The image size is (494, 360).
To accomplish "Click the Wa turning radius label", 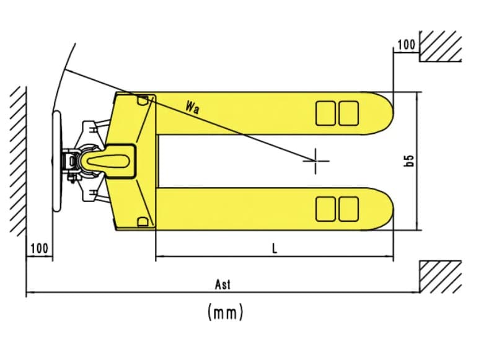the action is click(x=192, y=107).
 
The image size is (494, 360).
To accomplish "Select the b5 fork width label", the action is click(x=409, y=161).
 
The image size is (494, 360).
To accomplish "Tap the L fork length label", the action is click(x=275, y=249).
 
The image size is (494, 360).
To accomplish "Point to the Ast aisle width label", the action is click(x=223, y=284).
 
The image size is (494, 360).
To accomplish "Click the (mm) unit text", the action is click(x=226, y=312).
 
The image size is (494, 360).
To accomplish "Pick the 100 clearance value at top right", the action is click(x=406, y=45).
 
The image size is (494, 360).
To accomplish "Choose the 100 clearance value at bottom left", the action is click(x=40, y=248).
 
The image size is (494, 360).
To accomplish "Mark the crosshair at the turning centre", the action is click(x=315, y=161).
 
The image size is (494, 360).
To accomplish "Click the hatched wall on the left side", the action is click(x=18, y=160).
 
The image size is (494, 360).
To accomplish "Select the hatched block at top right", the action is click(x=441, y=46).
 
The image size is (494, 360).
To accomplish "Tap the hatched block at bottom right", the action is click(x=441, y=276).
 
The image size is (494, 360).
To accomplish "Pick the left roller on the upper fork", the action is click(x=325, y=113).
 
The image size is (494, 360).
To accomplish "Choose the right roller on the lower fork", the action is click(x=349, y=209).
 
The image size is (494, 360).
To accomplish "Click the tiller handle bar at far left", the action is click(x=56, y=160).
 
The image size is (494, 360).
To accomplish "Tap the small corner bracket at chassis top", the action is click(x=143, y=100).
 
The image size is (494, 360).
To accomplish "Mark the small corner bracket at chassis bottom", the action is click(x=143, y=222).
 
